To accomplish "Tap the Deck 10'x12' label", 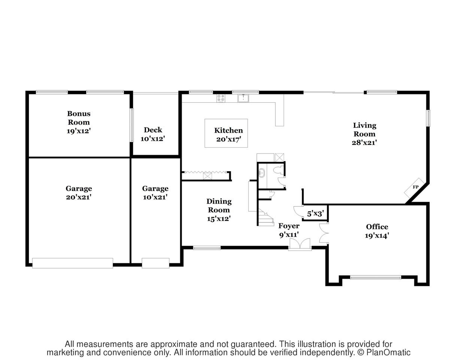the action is click(153, 134).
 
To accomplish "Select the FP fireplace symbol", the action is click(414, 188).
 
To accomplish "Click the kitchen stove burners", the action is click(221, 99).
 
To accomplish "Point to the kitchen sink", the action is click(243, 99).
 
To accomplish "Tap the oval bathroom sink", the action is click(261, 173).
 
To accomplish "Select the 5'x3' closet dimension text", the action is click(315, 214).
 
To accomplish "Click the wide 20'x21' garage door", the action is click(73, 263).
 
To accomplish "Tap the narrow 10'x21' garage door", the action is click(156, 263).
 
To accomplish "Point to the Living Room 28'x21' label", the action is click(364, 134).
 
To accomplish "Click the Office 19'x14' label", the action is click(377, 231).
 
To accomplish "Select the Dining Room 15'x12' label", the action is click(219, 210).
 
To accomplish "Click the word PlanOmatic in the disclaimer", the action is click(388, 353).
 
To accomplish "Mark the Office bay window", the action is click(375, 277).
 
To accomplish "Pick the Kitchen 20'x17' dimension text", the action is click(228, 139).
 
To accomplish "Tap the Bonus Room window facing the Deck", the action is click(132, 125).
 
